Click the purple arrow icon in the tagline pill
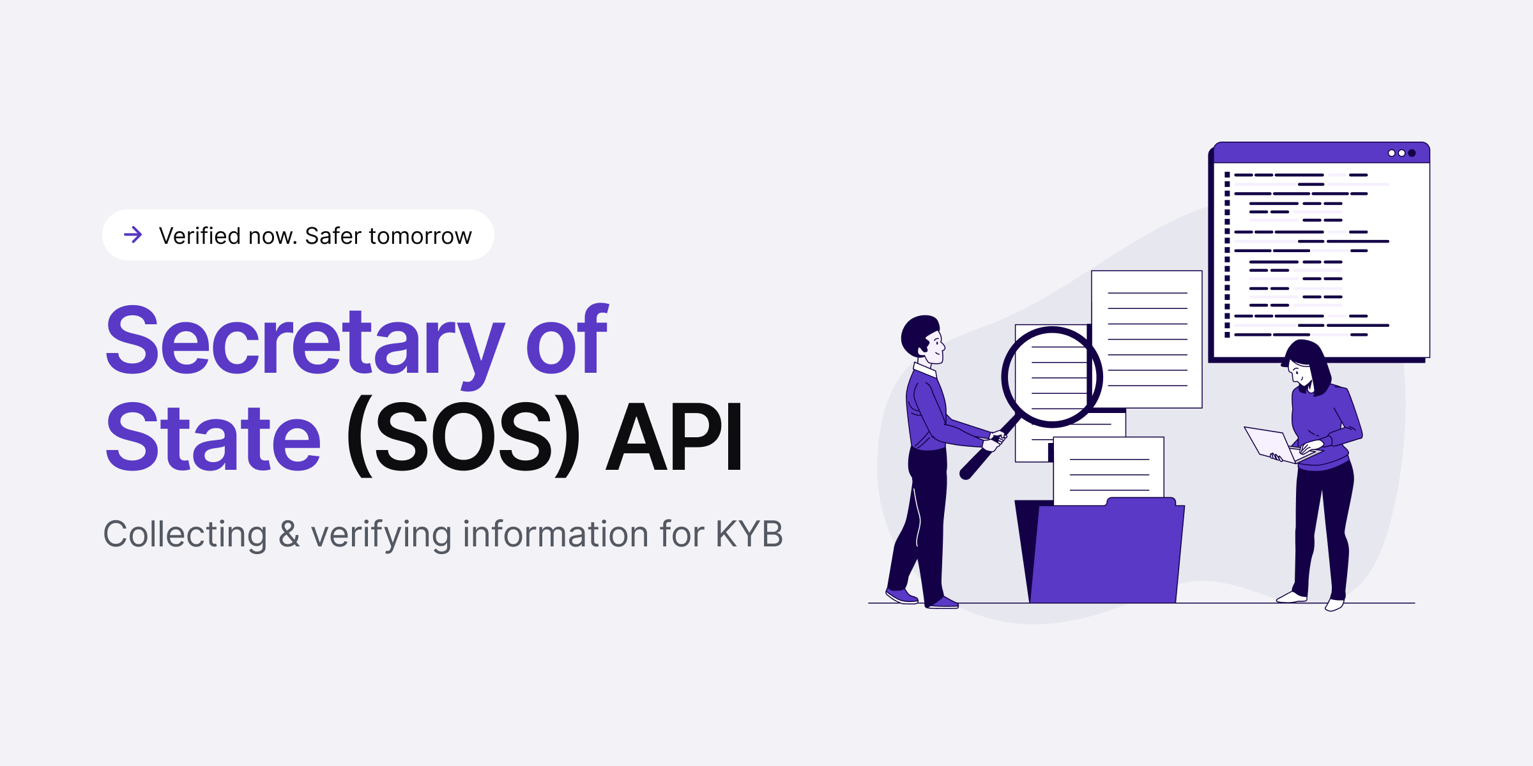point(133,235)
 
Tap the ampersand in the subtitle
point(289,534)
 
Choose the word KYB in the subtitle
point(749,534)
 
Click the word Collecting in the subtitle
point(185,534)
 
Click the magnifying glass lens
point(1051,377)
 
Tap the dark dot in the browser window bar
point(1412,153)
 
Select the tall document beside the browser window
point(1147,338)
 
